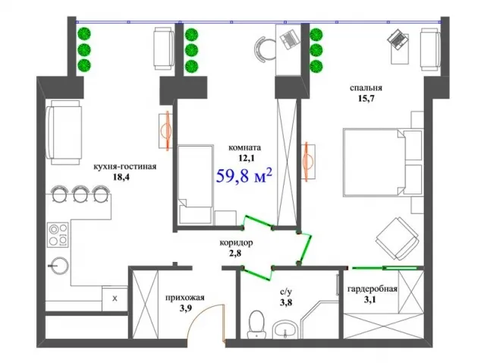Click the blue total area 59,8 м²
tap(244, 176)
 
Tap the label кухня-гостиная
tap(125, 167)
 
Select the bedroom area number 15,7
tap(366, 99)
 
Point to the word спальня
tap(366, 88)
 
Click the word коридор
tap(236, 243)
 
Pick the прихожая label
tap(184, 298)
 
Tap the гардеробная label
tap(372, 289)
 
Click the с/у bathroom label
tap(285, 292)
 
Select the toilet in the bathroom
tap(256, 324)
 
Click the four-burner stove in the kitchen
tap(58, 235)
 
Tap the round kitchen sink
tap(59, 266)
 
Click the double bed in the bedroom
tap(383, 163)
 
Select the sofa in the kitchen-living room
tap(64, 132)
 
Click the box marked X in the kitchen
tap(115, 298)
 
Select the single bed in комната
tap(196, 184)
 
